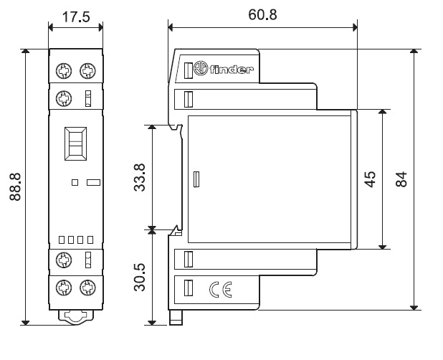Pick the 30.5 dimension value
140,277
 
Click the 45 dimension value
371,179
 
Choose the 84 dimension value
401,179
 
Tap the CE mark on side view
219,290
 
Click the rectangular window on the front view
75,144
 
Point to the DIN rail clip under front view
75,315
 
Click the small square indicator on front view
75,182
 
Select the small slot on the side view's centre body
195,179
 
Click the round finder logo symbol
201,70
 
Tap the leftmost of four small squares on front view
62,239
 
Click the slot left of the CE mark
189,289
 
